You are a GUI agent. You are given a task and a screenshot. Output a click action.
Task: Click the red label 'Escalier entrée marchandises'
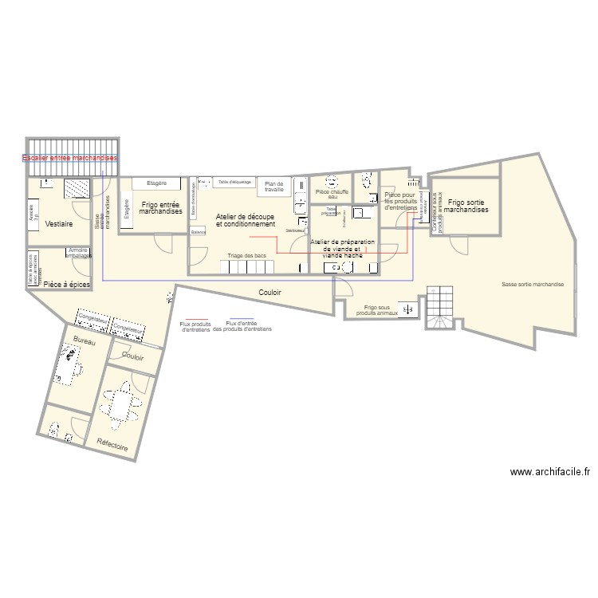pos(69,159)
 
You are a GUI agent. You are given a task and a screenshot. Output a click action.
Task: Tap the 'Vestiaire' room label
pos(59,224)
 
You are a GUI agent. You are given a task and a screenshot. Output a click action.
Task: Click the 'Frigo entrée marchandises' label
pos(160,208)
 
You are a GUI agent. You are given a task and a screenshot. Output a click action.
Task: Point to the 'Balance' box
pos(199,231)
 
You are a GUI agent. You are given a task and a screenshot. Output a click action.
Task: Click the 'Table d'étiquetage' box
pos(234,182)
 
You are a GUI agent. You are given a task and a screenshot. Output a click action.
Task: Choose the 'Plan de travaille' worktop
pos(274,187)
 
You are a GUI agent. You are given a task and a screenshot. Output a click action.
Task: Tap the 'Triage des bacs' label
pos(246,255)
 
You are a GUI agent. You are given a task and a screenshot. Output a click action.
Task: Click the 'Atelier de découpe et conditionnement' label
pos(245,220)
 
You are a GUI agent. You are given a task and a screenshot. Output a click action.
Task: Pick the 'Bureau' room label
pos(84,341)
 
